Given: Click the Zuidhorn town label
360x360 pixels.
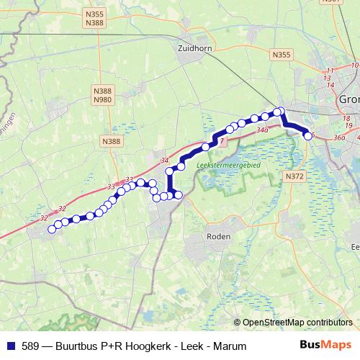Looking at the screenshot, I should tap(192, 48).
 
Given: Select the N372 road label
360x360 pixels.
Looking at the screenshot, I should tap(294, 176).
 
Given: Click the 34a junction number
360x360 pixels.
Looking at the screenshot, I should tap(261, 130).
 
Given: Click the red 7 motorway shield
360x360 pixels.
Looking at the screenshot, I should tap(222, 142).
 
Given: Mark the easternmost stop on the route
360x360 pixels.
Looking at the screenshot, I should tap(309, 135).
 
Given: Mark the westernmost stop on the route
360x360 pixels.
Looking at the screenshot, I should tap(52, 230).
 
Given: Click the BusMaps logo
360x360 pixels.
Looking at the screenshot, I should tap(325, 346).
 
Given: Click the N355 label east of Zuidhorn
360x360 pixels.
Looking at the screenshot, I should tap(282, 54).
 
